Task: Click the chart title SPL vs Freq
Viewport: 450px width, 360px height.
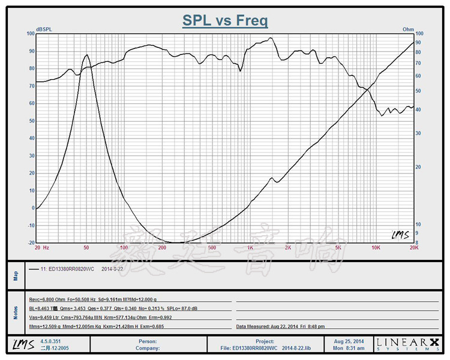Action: click(225, 21)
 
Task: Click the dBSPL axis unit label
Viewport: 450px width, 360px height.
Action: click(44, 29)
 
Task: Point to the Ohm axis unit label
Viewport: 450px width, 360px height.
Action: click(408, 29)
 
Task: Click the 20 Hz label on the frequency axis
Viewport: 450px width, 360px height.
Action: click(42, 248)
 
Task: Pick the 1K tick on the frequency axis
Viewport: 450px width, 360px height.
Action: click(250, 248)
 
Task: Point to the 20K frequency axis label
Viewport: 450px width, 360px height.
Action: click(413, 248)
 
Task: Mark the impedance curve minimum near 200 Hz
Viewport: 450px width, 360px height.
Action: click(174, 242)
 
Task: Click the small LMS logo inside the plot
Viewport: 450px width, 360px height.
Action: click(399, 235)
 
